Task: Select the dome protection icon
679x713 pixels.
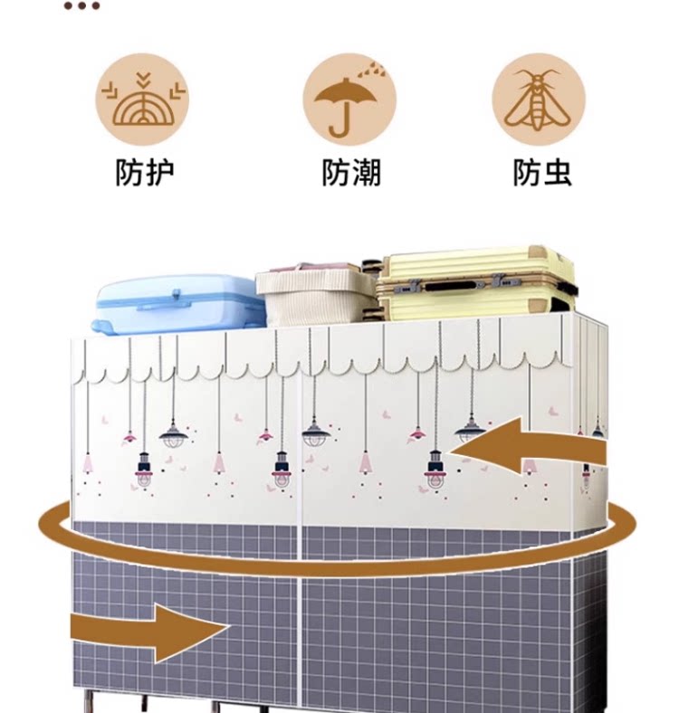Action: pos(143,100)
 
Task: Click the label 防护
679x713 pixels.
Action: pos(144,172)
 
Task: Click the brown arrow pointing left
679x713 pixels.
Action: pos(516,446)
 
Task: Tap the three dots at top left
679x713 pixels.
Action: pos(81,6)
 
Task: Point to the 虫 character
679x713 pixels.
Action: pos(557,172)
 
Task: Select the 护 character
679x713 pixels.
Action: pos(159,172)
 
